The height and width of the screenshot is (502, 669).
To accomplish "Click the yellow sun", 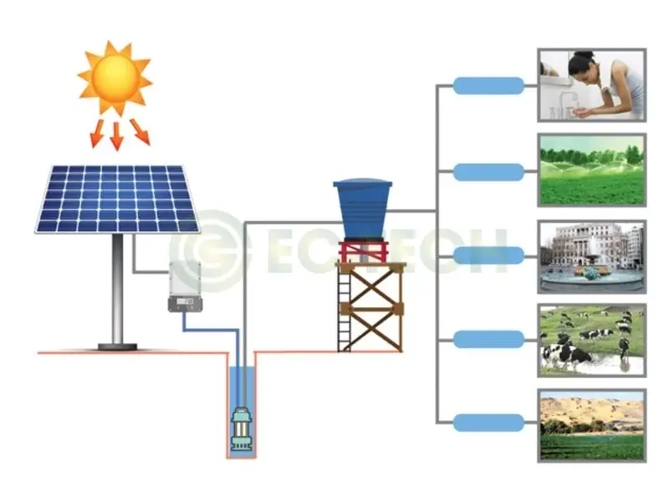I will point(115,78).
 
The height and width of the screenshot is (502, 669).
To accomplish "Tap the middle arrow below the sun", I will point(116,134).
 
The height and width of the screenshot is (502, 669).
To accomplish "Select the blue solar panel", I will point(117,199).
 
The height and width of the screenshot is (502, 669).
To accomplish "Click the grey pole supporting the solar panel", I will point(117,289).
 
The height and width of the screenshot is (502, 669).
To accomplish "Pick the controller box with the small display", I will point(185,286).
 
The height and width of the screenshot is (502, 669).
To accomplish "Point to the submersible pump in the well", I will point(242,429).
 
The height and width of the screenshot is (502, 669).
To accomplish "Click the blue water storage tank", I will point(363,208).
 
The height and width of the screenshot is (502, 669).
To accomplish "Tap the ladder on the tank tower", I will point(344,310).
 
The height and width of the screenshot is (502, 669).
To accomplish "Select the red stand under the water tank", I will point(363,251).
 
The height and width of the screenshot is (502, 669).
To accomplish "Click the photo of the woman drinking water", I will point(591,85).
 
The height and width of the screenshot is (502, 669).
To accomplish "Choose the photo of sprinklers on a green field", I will point(591,170).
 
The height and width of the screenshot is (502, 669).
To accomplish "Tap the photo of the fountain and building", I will point(591,255).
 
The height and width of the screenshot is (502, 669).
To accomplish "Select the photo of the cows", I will point(591,340).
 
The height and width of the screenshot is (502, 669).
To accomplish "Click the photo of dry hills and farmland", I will point(591,425).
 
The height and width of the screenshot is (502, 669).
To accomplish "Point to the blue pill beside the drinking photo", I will point(488,85).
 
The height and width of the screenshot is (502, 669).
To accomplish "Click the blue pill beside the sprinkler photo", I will point(488,172).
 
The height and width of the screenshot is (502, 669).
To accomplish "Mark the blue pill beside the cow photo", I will point(488,339).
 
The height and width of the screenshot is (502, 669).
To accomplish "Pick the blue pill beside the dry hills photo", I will point(488,423).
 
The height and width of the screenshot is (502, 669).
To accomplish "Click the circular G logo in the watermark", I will point(205,250).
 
